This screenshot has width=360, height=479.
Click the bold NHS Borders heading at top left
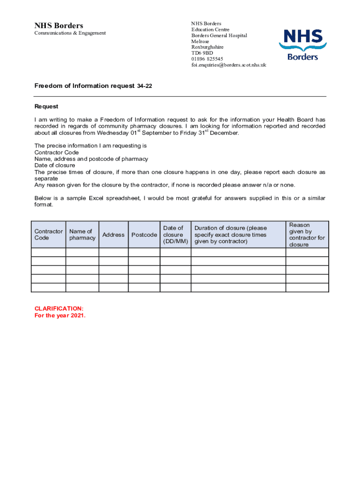(x=59, y=25)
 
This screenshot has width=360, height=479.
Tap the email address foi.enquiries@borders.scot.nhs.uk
(x=229, y=65)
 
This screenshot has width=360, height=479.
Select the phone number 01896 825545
(x=207, y=59)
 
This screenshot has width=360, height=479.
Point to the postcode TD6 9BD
(x=202, y=53)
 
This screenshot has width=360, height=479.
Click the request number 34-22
(x=144, y=86)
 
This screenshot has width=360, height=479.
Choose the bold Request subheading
(x=46, y=107)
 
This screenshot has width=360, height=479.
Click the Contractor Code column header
(x=48, y=235)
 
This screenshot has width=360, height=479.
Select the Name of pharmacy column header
(x=82, y=235)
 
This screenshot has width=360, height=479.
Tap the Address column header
(x=113, y=235)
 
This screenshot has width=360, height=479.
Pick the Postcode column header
(x=144, y=235)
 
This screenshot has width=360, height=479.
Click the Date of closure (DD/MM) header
(x=175, y=235)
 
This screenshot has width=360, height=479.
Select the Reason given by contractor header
(x=307, y=235)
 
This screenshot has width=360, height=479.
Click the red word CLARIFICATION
(x=59, y=309)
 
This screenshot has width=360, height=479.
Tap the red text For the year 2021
(x=60, y=315)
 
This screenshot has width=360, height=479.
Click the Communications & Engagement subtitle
(x=70, y=33)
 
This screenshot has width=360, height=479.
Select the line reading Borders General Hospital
(x=219, y=36)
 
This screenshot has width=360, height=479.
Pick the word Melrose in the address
(x=200, y=41)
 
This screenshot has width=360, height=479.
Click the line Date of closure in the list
(x=55, y=166)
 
